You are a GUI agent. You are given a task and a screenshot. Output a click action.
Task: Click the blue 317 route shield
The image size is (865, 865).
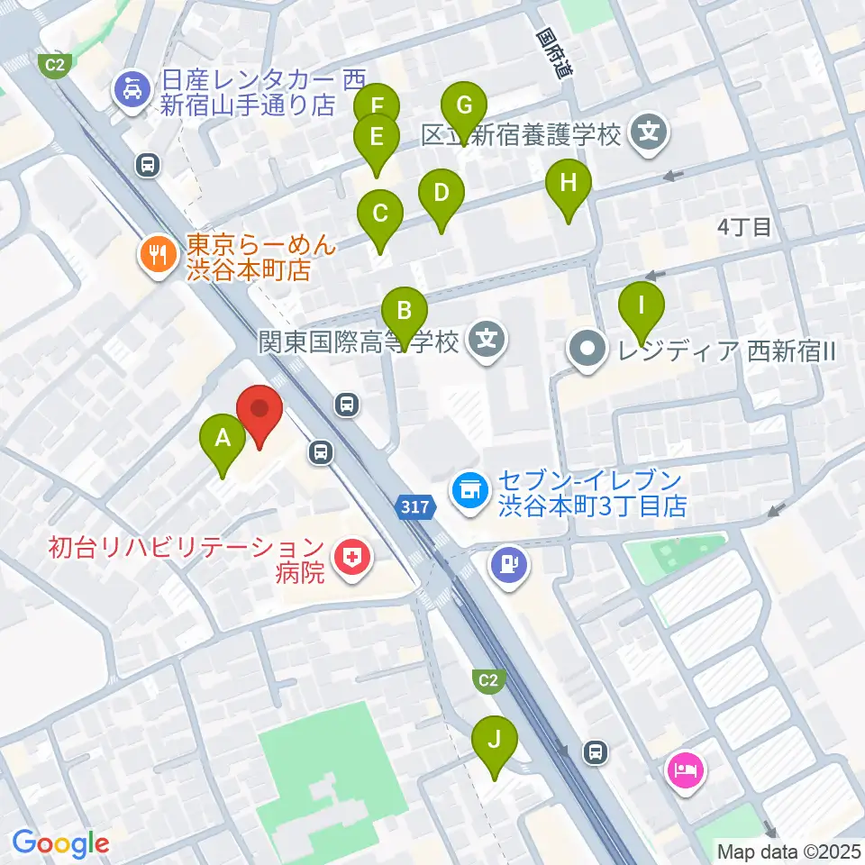[x=414, y=508]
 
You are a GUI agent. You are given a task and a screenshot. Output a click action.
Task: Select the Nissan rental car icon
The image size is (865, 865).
[x=132, y=91]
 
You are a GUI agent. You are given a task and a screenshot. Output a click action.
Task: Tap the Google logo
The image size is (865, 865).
[x=60, y=844]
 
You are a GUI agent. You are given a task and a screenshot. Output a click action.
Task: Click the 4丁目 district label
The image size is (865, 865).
[x=744, y=227]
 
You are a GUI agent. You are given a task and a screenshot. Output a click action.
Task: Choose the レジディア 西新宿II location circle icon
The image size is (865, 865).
[x=588, y=349]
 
